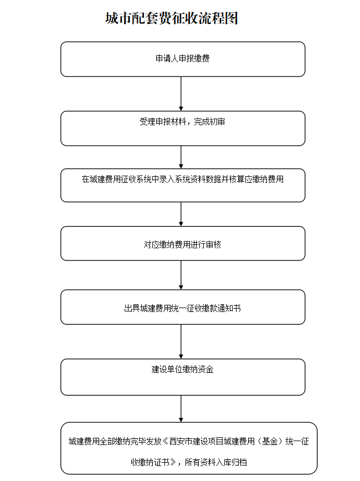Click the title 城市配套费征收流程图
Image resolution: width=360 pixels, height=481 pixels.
pyautogui.click(x=172, y=18)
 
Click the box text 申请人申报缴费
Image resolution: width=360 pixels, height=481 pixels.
pyautogui.click(x=182, y=58)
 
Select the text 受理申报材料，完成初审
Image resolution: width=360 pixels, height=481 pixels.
pyautogui.click(x=182, y=122)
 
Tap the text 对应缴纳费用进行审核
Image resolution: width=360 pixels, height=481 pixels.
pyautogui.click(x=182, y=244)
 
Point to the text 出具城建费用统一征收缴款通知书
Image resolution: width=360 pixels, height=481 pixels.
pyautogui.click(x=182, y=308)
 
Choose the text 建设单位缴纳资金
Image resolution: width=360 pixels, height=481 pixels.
pyautogui.click(x=182, y=369)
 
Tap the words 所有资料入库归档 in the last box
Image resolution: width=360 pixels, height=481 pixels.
pyautogui.click(x=216, y=462)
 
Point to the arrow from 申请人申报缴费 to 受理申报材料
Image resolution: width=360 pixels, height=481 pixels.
pyautogui.click(x=181, y=94)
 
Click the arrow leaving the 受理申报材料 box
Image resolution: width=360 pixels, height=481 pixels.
pyautogui.click(x=181, y=157)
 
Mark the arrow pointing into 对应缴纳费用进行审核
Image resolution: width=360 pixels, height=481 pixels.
pyautogui.click(x=181, y=214)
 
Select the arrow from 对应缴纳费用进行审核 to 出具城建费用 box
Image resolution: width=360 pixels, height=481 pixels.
pyautogui.click(x=181, y=275)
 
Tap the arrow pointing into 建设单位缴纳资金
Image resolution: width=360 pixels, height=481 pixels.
pyautogui.click(x=181, y=341)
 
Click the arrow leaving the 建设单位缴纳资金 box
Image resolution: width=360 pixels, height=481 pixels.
pyautogui.click(x=181, y=408)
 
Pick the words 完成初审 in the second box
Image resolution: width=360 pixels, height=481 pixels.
pyautogui.click(x=210, y=122)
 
